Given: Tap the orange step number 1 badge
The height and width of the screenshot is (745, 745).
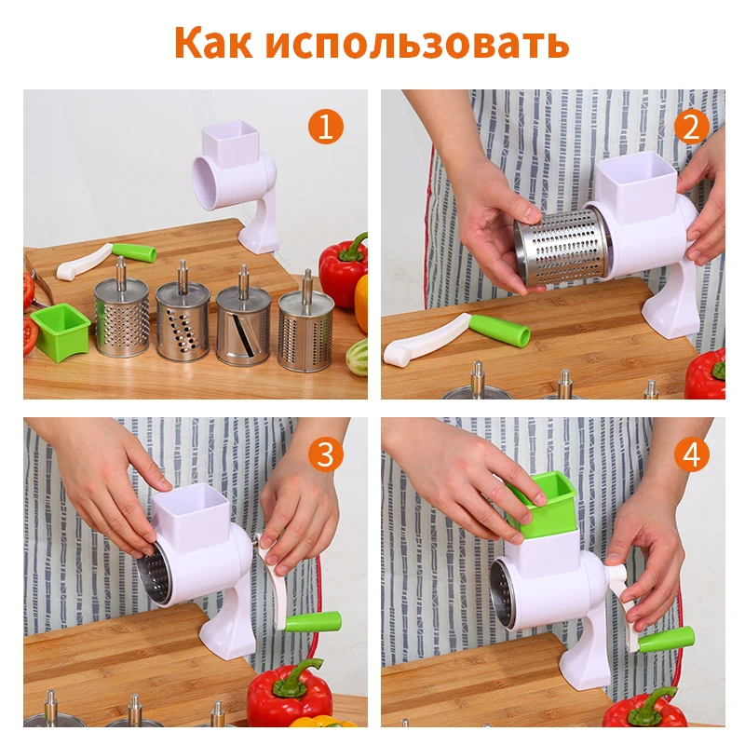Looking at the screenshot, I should pyautogui.click(x=325, y=127).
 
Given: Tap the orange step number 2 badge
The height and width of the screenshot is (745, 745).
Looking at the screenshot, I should pyautogui.click(x=690, y=127).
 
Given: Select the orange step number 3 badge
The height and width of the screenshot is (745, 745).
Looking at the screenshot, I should pyautogui.click(x=325, y=454).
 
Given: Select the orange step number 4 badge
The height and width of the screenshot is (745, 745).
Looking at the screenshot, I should pyautogui.click(x=690, y=454).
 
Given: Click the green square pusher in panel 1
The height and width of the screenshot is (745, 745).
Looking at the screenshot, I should pyautogui.click(x=61, y=331).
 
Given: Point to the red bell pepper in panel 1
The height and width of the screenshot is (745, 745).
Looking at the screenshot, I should pyautogui.click(x=344, y=270).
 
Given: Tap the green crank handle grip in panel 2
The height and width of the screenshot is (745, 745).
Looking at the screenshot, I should pyautogui.click(x=499, y=330).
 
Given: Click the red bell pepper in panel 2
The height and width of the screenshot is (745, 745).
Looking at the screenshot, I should pyautogui.click(x=708, y=374).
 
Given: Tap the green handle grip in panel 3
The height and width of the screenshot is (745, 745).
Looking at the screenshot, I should pyautogui.click(x=313, y=622).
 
